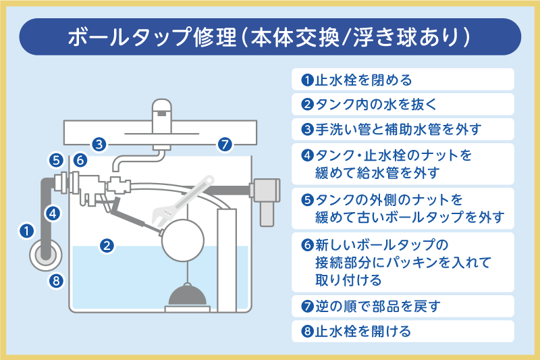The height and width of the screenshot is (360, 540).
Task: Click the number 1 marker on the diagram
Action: pyautogui.click(x=26, y=231)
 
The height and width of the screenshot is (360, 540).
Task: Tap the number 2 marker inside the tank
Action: pyautogui.click(x=106, y=246)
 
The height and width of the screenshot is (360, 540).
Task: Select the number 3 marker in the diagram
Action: pyautogui.click(x=99, y=144)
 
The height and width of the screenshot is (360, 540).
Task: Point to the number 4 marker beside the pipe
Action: pyautogui.click(x=55, y=213)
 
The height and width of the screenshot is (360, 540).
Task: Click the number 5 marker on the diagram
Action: pyautogui.click(x=56, y=160)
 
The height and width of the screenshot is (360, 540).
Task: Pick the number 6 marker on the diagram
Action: pyautogui.click(x=79, y=160)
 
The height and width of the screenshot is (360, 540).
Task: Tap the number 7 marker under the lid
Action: pyautogui.click(x=225, y=144)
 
